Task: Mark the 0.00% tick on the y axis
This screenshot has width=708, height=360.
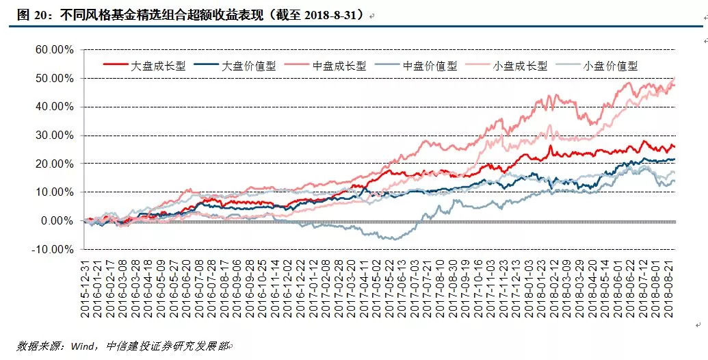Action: [x=58, y=221]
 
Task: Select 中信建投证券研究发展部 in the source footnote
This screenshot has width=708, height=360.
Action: [x=167, y=346]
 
